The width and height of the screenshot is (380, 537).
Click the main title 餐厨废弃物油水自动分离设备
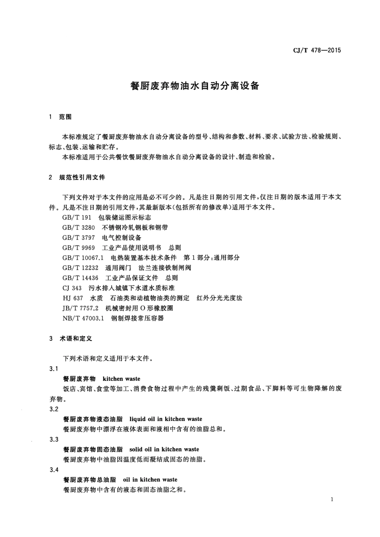click(x=195, y=86)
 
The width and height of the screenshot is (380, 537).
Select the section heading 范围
click(x=65, y=117)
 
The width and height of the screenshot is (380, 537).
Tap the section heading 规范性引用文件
click(x=82, y=177)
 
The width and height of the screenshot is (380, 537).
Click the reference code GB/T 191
click(x=77, y=218)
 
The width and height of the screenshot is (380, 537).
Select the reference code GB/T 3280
click(x=78, y=228)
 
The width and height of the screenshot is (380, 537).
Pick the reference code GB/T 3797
click(x=78, y=238)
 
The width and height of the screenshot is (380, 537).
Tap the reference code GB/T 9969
click(x=78, y=248)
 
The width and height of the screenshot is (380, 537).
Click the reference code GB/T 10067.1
click(x=83, y=258)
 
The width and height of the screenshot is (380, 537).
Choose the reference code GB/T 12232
click(x=80, y=268)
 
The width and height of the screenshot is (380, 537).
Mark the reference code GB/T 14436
click(x=80, y=278)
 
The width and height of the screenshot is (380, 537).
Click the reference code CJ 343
click(x=72, y=288)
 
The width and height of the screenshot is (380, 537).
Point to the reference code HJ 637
click(x=73, y=298)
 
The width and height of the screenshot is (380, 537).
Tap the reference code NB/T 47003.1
click(x=83, y=319)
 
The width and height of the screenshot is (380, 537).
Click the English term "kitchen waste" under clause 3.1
click(x=121, y=379)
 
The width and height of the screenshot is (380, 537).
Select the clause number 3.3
click(x=54, y=439)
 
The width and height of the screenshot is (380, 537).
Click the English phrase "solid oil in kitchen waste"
click(x=164, y=449)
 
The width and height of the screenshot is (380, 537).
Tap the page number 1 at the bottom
click(x=332, y=499)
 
